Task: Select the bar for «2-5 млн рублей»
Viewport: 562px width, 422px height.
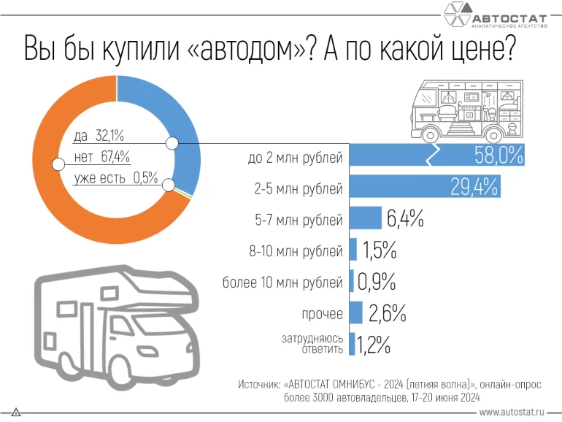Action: coord(423,187)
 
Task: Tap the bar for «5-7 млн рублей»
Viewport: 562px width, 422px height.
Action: coord(366,218)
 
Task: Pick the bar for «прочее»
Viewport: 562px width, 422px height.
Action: coord(356,312)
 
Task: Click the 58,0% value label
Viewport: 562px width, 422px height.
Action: coord(498,156)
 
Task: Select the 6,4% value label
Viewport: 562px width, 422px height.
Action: coord(404,218)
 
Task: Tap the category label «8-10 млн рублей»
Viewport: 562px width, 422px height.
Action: coord(296,252)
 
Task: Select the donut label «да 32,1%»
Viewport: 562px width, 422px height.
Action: coord(99,135)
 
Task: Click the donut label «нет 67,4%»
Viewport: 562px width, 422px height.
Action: coord(101,156)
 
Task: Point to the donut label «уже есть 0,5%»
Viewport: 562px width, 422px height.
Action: coord(115,177)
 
